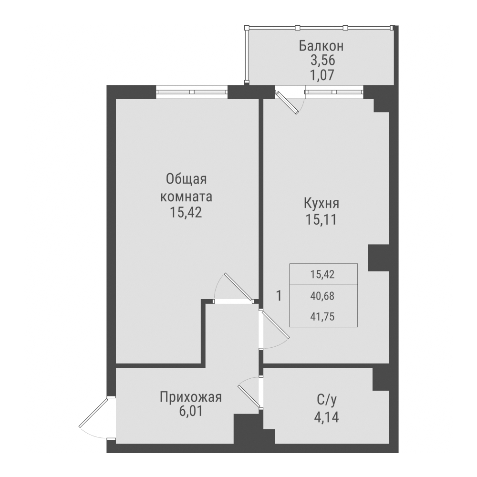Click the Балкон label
(x=321, y=46)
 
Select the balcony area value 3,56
(x=321, y=61)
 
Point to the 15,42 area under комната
(x=186, y=213)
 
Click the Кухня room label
(x=321, y=204)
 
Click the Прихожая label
(x=191, y=397)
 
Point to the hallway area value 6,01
(x=191, y=412)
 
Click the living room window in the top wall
(x=191, y=92)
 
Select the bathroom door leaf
(x=249, y=395)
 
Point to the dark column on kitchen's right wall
(x=379, y=258)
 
